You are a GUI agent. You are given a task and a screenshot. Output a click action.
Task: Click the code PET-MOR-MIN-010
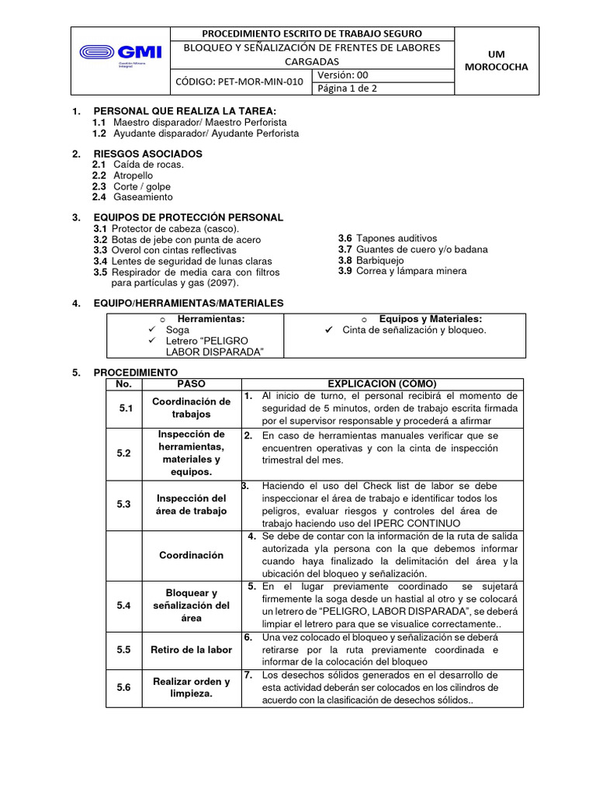(x=240, y=81)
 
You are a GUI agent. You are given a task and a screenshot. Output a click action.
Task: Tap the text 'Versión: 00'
(x=342, y=75)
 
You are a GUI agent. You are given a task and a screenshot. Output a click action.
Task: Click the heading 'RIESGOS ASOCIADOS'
(x=147, y=154)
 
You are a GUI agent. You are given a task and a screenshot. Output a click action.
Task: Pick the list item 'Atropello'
(x=133, y=175)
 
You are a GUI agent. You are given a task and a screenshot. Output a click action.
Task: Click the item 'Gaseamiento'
(x=143, y=197)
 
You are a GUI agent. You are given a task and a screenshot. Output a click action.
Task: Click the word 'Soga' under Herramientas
(x=178, y=330)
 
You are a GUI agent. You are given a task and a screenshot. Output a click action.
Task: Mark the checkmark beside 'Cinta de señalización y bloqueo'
(x=328, y=330)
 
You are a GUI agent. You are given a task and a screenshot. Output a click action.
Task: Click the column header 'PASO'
(x=192, y=384)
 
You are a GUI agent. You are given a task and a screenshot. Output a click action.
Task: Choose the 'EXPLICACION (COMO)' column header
(x=382, y=384)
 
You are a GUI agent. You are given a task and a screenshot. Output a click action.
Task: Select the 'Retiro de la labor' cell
(x=192, y=650)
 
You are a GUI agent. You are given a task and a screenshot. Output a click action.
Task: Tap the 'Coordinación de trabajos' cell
(x=192, y=408)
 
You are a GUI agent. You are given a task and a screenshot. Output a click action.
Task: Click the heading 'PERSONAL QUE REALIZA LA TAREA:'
(x=185, y=112)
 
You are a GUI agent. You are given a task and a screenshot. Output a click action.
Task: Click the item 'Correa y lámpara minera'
(x=411, y=271)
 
